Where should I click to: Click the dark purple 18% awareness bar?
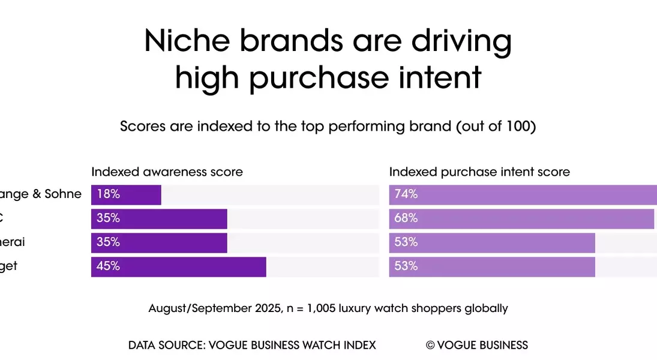[x=126, y=195]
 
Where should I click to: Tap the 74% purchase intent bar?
[x=523, y=195]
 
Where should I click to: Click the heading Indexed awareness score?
[x=167, y=172]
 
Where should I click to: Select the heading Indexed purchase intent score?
[x=479, y=172]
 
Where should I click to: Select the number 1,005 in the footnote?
[x=318, y=308]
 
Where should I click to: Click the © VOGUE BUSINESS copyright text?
[x=477, y=345]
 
